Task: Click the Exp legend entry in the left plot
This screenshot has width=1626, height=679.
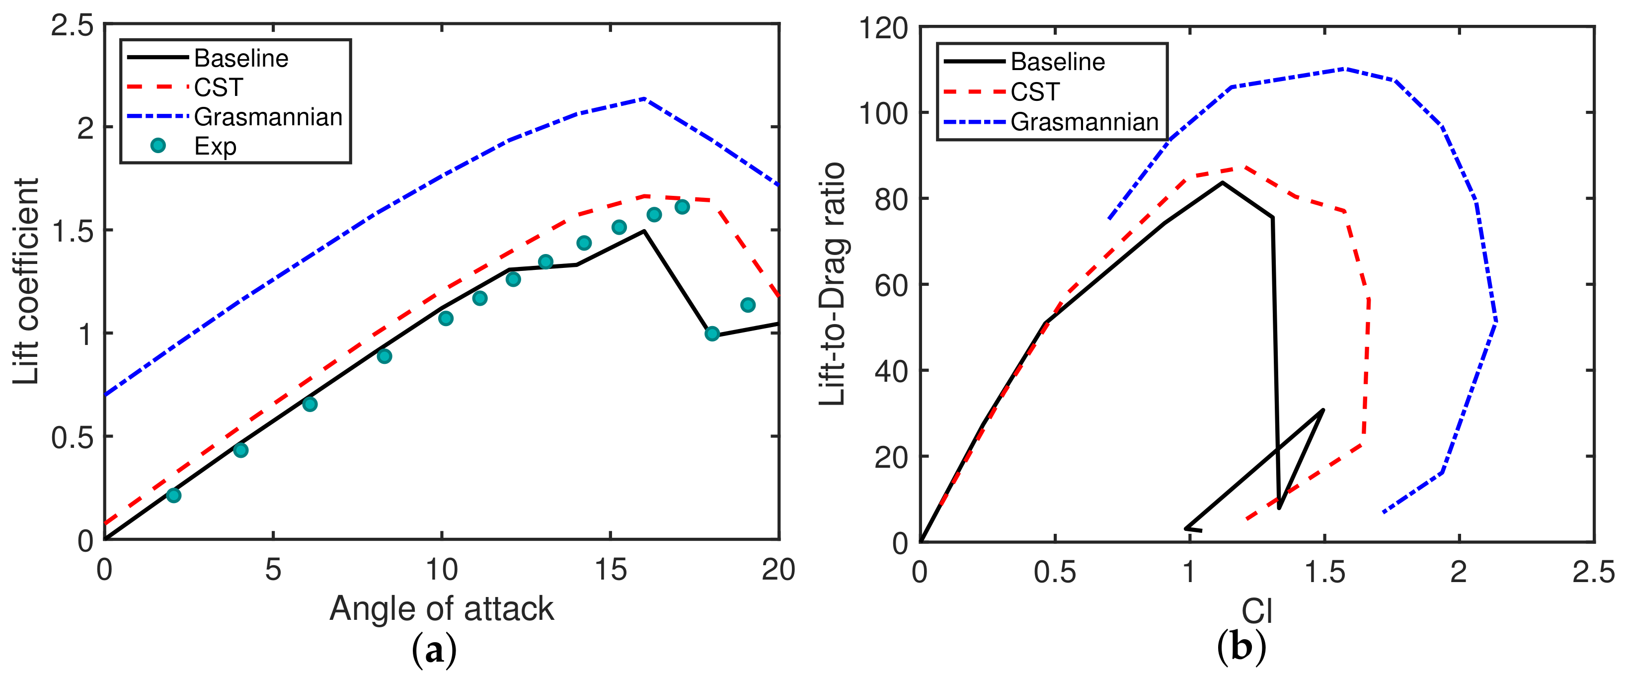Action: pos(215,146)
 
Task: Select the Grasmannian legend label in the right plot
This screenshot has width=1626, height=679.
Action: pos(1084,122)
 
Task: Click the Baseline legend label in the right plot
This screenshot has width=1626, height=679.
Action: pos(1057,62)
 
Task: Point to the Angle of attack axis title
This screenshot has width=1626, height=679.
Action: pos(441,609)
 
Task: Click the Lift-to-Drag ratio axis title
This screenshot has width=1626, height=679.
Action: pos(833,284)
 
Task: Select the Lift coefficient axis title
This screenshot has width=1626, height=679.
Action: pos(26,281)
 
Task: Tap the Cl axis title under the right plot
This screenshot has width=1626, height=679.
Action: pos(1256,611)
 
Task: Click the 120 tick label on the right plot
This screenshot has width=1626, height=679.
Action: pos(883,28)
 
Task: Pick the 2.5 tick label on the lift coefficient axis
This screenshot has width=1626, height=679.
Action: pos(72,26)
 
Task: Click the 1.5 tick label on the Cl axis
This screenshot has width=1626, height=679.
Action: pos(1323,572)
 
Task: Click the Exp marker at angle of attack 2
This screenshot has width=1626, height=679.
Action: pos(173,495)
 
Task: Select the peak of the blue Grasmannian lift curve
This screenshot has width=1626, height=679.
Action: pos(644,98)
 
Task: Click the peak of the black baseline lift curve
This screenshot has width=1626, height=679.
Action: pos(644,231)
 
